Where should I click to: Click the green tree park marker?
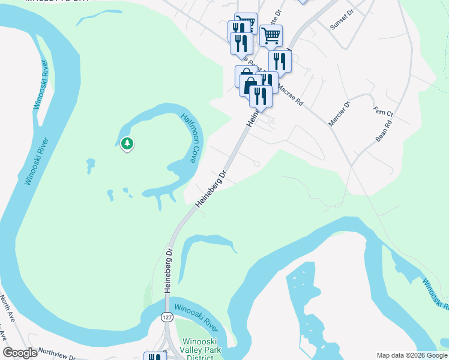(x=127, y=143)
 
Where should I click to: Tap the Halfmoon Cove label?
(x=188, y=138)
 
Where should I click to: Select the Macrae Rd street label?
(x=291, y=95)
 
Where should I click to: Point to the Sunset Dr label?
(x=343, y=22)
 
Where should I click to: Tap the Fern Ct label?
(x=382, y=112)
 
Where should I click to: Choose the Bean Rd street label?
(x=384, y=130)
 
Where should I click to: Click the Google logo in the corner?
(x=20, y=353)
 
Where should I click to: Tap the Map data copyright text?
(x=411, y=355)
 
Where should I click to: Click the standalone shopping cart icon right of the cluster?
(x=271, y=36)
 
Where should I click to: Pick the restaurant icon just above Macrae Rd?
(x=280, y=61)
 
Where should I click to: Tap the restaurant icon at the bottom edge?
(x=155, y=357)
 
